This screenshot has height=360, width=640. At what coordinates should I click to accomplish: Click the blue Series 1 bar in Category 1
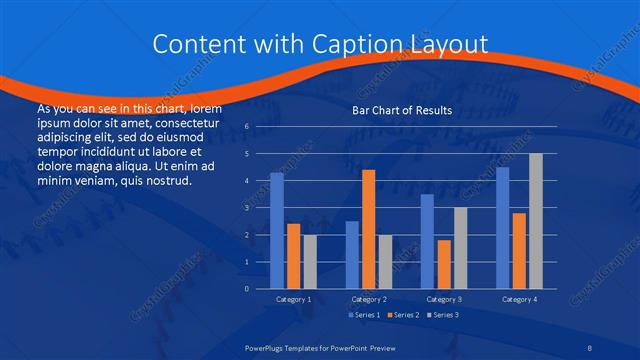coord(277,231)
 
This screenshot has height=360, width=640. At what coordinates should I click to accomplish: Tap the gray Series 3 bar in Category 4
coord(535,221)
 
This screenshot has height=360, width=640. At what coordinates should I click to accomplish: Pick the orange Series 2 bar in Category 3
coord(444,264)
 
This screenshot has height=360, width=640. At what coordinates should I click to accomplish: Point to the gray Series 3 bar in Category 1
coord(309,262)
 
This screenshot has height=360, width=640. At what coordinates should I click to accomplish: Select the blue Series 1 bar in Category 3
coord(427,241)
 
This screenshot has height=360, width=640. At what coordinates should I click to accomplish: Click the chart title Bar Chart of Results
coord(403,110)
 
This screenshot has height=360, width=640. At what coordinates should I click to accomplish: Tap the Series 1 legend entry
coord(364,316)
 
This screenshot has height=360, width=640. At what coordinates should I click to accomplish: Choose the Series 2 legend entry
coord(403,316)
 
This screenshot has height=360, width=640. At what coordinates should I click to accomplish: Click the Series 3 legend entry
coord(442,316)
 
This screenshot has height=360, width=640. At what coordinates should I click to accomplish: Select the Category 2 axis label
coord(368,299)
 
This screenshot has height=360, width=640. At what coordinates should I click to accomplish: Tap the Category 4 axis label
coord(518,299)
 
